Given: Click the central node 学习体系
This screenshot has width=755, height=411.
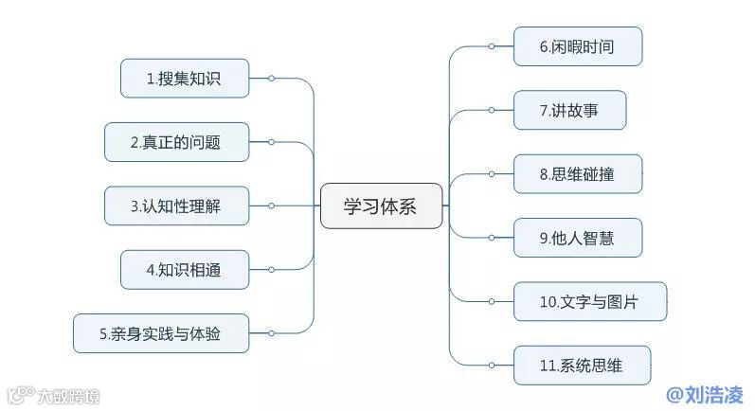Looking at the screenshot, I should pyautogui.click(x=381, y=205).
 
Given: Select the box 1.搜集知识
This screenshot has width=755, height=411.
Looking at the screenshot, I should pyautogui.click(x=185, y=79).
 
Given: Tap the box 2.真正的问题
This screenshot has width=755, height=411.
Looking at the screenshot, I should pyautogui.click(x=177, y=142).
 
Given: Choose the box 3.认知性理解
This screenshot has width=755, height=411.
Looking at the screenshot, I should pyautogui.click(x=177, y=205).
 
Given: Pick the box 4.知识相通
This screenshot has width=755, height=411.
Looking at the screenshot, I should pyautogui.click(x=185, y=269).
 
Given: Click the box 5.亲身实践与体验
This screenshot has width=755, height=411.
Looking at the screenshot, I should pyautogui.click(x=161, y=332).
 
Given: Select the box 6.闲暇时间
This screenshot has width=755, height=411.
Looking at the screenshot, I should pyautogui.click(x=578, y=45).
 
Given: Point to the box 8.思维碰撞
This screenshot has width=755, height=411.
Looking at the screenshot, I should pyautogui.click(x=578, y=173).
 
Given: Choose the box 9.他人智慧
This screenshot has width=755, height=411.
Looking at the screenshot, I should pyautogui.click(x=578, y=238).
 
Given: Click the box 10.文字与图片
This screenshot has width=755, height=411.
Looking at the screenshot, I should pyautogui.click(x=589, y=302).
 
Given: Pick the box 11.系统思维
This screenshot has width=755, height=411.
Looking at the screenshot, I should pyautogui.click(x=582, y=366).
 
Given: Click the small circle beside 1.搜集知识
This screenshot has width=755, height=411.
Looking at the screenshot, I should pyautogui.click(x=271, y=79).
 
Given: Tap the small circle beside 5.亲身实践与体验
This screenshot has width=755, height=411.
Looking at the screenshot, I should pyautogui.click(x=271, y=332).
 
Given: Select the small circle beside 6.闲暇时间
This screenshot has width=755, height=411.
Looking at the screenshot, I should pyautogui.click(x=491, y=45).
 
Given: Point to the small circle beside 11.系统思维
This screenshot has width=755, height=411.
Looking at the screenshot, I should pyautogui.click(x=491, y=366).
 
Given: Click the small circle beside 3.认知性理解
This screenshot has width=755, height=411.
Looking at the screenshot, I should pyautogui.click(x=271, y=205).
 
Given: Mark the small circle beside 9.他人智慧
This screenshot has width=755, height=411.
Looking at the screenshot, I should pyautogui.click(x=491, y=238).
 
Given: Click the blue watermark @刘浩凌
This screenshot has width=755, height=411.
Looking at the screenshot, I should pyautogui.click(x=706, y=394).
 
